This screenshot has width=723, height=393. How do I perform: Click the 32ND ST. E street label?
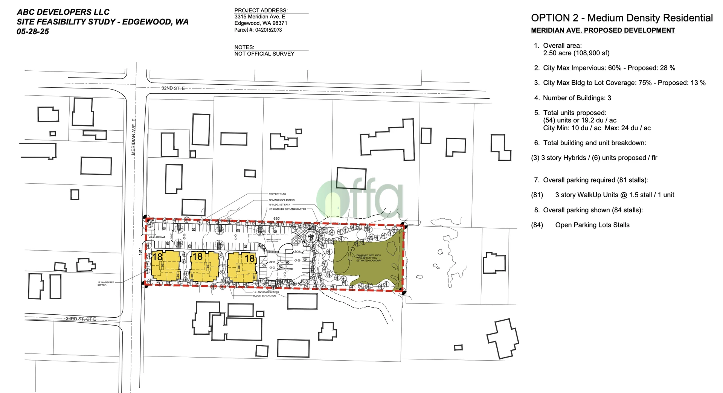point(173,88)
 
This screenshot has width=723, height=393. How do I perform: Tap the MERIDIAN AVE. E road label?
point(133,137)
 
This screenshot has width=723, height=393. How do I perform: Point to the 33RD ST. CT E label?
point(81,319)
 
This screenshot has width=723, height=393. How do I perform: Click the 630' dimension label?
point(277,219)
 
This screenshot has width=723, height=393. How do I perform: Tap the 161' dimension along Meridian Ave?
point(141,251)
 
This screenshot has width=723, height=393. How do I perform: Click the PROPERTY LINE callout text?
point(277,194)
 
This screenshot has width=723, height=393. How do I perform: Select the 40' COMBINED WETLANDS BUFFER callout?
point(287,209)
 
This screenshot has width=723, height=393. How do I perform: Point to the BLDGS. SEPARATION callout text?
point(264,296)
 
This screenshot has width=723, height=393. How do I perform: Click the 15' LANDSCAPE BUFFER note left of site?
point(105,283)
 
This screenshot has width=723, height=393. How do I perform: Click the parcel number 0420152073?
point(268,30)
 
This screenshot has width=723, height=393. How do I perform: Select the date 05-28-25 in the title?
point(33,32)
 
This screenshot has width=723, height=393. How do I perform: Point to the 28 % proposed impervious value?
point(667,68)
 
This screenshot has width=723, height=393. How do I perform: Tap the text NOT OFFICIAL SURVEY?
point(264,54)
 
